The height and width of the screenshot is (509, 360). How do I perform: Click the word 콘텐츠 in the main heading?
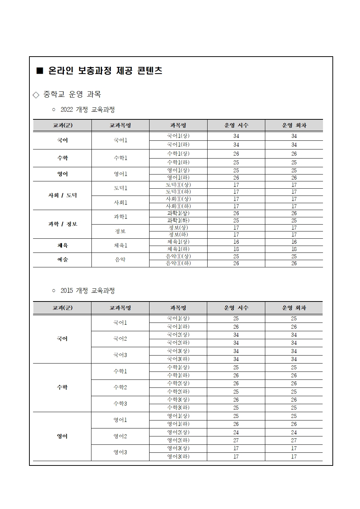point(150,71)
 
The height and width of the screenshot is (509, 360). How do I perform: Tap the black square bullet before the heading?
point(40,71)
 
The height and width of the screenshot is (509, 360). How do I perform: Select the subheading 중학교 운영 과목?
point(72,94)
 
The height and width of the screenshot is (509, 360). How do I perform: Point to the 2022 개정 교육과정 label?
point(87,110)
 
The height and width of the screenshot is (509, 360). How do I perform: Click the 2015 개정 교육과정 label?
point(87,291)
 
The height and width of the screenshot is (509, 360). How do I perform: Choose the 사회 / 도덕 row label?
point(62,195)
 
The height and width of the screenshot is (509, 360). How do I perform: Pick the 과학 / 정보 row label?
point(62,224)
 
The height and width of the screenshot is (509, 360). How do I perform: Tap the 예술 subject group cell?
point(62,260)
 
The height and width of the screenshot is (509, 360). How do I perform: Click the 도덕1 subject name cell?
point(120,188)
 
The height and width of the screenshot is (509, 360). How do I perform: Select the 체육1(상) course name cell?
point(178,242)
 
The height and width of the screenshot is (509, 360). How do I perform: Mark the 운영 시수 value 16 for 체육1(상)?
point(236,242)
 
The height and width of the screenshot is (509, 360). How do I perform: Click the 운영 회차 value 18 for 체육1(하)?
point(294,249)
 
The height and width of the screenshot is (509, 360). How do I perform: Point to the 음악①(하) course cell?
point(178,263)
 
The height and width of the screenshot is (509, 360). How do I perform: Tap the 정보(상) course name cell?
point(178,228)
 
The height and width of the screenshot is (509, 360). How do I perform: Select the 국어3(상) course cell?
point(178,351)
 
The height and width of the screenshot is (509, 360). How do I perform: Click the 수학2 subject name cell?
point(120,387)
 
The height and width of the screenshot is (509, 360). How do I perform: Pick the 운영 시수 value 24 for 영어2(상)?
point(236,432)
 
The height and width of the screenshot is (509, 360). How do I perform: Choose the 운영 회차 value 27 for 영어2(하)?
point(294,440)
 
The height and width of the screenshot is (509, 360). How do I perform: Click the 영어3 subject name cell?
point(120,452)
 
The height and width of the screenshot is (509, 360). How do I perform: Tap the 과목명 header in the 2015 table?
point(178,308)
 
